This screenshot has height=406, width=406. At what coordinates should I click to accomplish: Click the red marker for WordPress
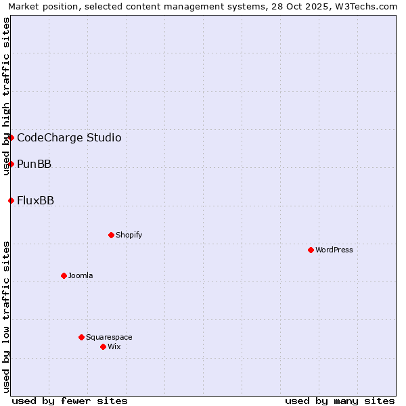pos(311,250)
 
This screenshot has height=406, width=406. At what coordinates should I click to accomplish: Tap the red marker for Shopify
pos(111,235)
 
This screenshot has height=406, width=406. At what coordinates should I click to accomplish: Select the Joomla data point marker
pos(64,275)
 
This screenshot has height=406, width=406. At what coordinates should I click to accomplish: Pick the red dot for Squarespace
pos(81,337)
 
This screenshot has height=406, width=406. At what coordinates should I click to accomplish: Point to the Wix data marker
pos(103,346)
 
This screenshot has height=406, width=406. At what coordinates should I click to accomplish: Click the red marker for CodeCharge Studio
pos(11,137)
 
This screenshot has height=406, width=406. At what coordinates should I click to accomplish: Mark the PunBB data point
pos(11,164)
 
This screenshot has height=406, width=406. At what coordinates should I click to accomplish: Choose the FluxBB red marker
pos(11,200)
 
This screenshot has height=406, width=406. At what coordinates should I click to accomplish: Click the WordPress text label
pos(334,250)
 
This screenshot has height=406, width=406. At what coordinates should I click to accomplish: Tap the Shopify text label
pos(129,235)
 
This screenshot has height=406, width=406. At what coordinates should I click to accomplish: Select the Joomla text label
pos(81,275)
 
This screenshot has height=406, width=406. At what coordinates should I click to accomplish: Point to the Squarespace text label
pos(109,337)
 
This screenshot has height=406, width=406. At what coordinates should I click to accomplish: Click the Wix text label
pos(114,346)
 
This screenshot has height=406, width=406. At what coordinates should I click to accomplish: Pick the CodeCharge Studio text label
pos(69,138)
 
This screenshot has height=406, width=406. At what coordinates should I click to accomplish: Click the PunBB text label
pos(34,164)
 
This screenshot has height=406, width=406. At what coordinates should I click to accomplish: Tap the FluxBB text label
pos(35,201)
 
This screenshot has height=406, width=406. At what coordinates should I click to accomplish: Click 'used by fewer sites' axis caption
pos(70,401)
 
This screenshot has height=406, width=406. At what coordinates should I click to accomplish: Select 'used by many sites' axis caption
pos(340,401)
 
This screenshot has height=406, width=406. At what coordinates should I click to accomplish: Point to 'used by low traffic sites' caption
pos(7,316)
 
